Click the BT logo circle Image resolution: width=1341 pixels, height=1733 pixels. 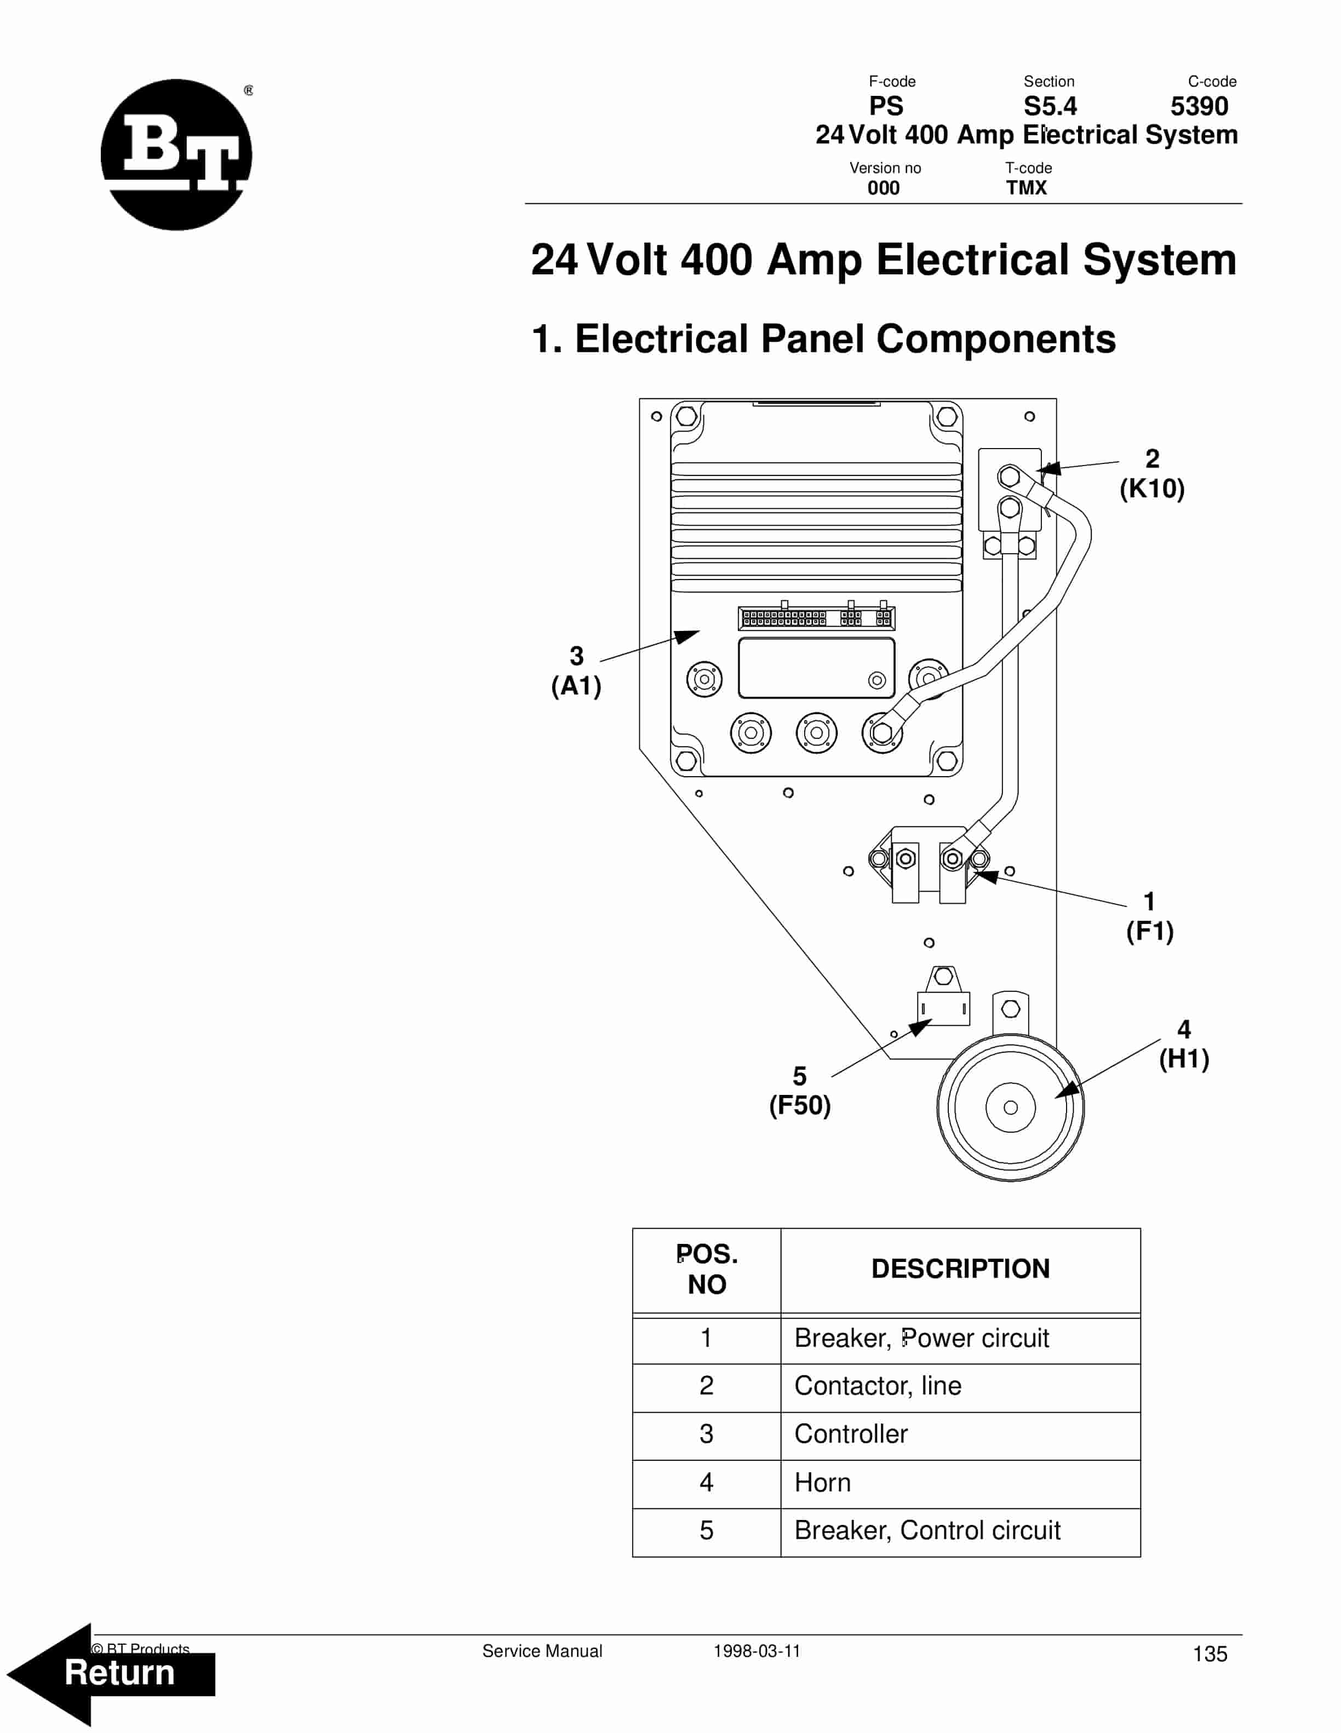176,154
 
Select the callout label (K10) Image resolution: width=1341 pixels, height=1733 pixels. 1152,489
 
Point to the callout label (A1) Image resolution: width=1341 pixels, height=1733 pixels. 577,686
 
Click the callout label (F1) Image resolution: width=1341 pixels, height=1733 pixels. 1150,931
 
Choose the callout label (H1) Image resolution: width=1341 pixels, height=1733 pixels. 1184,1059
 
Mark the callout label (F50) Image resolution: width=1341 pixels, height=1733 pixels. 800,1105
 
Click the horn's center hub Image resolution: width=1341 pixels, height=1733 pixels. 1010,1107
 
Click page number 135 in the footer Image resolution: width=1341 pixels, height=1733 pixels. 1210,1655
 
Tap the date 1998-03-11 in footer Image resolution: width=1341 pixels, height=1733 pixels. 757,1651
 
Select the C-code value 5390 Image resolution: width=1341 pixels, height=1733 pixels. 1199,106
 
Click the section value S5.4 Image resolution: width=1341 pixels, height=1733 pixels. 1050,106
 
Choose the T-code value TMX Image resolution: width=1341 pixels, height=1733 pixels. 1027,188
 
